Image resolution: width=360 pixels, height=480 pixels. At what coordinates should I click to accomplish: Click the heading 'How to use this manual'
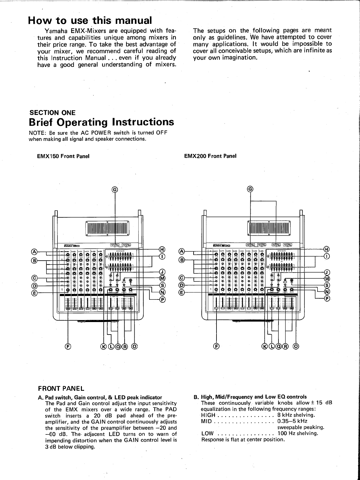coord(90,20)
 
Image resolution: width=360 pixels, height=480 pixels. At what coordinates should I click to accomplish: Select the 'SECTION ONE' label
coord(52,113)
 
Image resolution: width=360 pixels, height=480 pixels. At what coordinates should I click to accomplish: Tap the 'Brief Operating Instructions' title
coord(101,122)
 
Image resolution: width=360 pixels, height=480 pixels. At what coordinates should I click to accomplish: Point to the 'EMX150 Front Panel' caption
coord(63,156)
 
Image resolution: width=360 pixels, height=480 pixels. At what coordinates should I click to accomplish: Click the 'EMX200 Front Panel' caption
coord(210,156)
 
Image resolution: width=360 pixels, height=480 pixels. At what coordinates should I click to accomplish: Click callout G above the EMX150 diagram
coord(115,189)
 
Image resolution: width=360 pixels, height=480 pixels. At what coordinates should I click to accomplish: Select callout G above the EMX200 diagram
coord(250,189)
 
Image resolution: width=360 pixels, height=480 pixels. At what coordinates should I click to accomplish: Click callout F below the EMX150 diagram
coord(68,346)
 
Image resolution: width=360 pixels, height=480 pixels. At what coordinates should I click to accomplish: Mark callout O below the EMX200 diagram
coord(296,346)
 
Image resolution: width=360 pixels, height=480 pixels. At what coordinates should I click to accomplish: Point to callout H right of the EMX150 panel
coord(162,249)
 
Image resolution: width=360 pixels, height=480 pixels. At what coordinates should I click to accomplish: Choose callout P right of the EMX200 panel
coord(327,299)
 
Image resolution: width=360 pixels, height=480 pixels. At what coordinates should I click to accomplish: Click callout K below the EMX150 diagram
coord(104,346)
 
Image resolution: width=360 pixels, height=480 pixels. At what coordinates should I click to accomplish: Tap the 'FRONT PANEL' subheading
coord(61,389)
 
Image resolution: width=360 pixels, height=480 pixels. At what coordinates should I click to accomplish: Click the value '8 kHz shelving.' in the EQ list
coord(296,415)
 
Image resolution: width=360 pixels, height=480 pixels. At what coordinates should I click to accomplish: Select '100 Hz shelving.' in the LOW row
coord(298,433)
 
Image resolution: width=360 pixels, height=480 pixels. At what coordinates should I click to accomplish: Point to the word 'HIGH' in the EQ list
coord(208,415)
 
